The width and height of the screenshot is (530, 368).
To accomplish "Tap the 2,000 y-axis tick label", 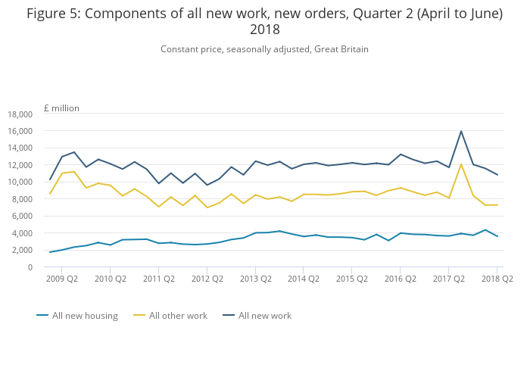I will point(21,251).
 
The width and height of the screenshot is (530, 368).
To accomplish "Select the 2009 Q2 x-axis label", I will point(61,279).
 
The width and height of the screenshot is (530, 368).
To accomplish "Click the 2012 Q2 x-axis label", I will point(207,279).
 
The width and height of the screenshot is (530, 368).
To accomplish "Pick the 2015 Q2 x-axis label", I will point(351,279).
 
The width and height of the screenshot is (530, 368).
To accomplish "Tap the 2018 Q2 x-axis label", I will point(497,279).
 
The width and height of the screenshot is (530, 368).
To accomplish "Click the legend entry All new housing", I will point(84,316).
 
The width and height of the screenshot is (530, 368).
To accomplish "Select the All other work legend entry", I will point(178,316).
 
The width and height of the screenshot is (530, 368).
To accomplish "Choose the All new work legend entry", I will point(264,316).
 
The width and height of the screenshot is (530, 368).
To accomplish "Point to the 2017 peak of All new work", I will point(461,131).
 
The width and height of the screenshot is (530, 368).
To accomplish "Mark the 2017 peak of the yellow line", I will point(461,164).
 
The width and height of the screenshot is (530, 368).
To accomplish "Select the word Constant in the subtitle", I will point(180,49).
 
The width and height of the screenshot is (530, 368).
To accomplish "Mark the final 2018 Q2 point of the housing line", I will point(497,236).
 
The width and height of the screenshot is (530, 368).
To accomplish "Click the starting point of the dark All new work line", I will point(50,179).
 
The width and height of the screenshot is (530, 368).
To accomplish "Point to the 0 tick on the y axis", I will point(30,267).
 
